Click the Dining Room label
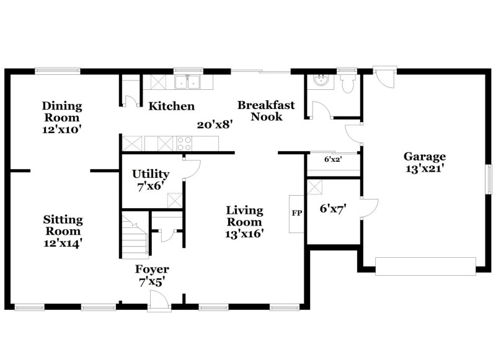62,112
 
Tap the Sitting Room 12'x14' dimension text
63,244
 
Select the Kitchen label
171,107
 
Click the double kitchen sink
187,82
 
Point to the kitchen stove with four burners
185,144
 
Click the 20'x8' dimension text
215,125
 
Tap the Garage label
425,156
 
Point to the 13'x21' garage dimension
425,167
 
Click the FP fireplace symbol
296,213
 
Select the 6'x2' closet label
333,159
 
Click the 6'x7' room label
332,209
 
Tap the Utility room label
151,174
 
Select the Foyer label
152,270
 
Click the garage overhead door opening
425,266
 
